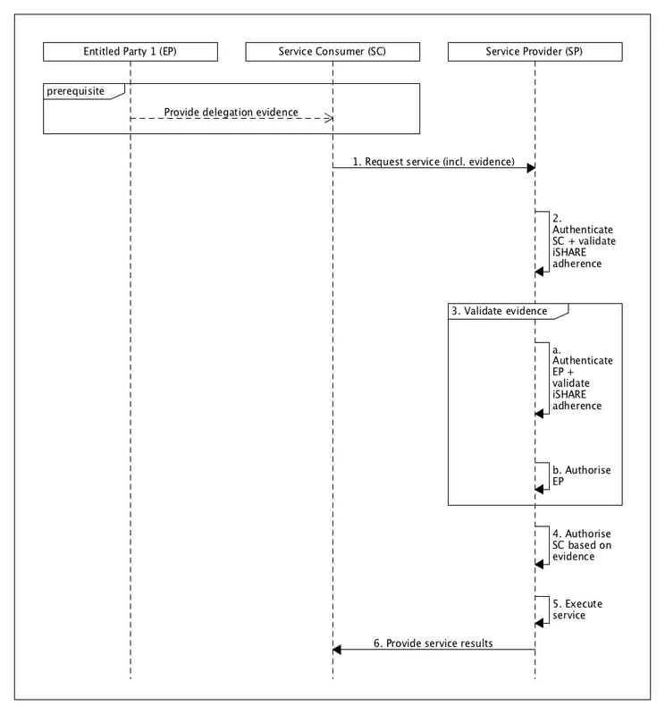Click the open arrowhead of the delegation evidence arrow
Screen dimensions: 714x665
pos(329,120)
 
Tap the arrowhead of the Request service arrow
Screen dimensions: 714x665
pos(531,168)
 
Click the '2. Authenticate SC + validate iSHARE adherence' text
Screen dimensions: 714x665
pos(582,241)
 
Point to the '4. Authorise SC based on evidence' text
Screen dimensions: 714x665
pos(582,545)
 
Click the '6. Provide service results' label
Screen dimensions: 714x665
pos(434,643)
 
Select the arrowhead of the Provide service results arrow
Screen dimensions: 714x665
pos(337,651)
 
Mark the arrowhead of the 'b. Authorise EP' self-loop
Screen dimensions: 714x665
pos(540,486)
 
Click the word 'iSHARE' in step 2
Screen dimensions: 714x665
pos(568,253)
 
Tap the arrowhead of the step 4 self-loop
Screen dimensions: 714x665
pos(540,564)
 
